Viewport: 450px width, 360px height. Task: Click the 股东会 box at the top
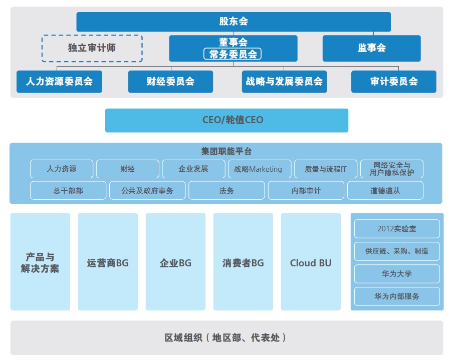click(x=234, y=22)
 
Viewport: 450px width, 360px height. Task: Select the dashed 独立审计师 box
click(x=92, y=48)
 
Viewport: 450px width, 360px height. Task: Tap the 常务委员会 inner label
click(x=233, y=54)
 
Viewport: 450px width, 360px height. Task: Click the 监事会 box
click(x=371, y=48)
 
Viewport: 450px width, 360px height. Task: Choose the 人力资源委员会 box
click(x=59, y=82)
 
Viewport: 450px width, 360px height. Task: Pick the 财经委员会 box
click(x=170, y=82)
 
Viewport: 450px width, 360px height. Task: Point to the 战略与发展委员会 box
click(x=284, y=82)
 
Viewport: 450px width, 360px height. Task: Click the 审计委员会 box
click(x=393, y=82)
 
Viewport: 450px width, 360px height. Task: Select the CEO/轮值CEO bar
click(x=227, y=120)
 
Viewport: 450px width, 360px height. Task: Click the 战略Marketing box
click(x=258, y=169)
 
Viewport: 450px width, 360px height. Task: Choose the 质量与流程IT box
click(x=325, y=169)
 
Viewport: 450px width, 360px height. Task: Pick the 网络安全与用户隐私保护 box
click(x=391, y=169)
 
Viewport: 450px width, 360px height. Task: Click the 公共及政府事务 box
click(x=147, y=191)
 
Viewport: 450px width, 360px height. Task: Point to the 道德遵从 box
click(x=385, y=191)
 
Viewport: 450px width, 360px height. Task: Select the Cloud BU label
click(x=311, y=263)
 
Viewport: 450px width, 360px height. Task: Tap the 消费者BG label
click(x=243, y=263)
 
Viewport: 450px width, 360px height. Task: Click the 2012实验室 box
click(x=396, y=229)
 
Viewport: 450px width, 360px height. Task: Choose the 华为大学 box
click(x=396, y=274)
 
